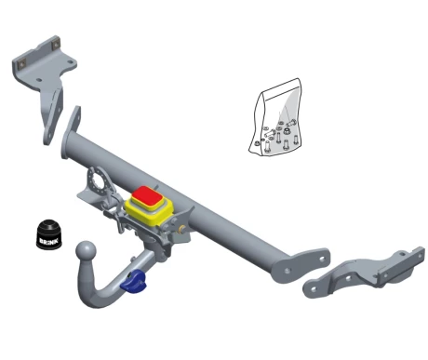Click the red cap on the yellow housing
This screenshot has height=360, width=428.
point(146,196)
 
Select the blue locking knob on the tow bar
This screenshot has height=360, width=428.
point(134,281)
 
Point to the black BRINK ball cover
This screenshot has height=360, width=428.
point(49,234)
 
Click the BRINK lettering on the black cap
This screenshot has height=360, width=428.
point(48,240)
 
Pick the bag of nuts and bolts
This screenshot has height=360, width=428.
point(274,117)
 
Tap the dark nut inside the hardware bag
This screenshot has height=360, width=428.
point(287,131)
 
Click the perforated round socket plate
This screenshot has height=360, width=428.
point(99,180)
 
